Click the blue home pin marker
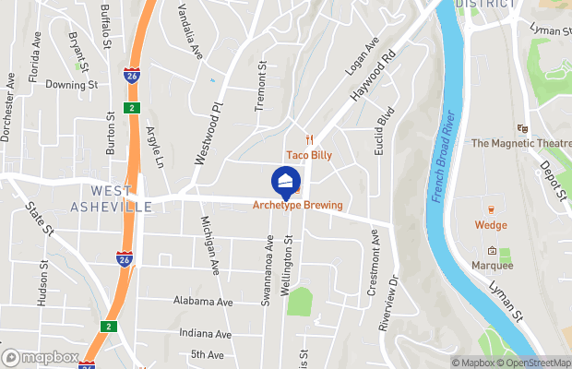tap(286, 181)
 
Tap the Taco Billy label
tap(307, 155)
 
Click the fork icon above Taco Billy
tap(310, 139)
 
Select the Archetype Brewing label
tap(297, 205)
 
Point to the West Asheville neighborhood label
tap(110, 198)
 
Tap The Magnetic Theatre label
tap(520, 143)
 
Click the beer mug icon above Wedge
tap(491, 208)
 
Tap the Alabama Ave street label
tap(203, 302)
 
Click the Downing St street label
tap(72, 84)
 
